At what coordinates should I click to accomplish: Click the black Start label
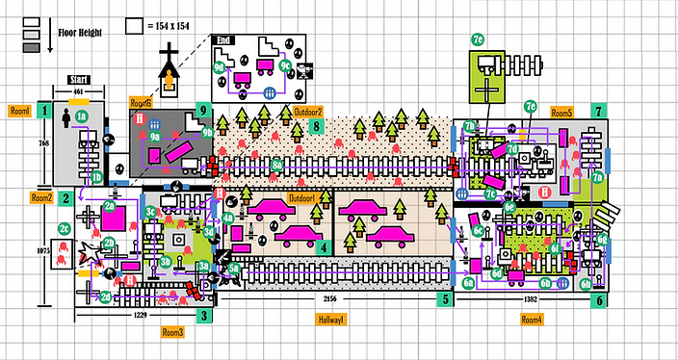coord(80,82)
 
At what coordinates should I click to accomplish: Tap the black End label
coord(224,40)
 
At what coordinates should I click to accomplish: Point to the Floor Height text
coord(80,31)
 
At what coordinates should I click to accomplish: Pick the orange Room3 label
coord(172,331)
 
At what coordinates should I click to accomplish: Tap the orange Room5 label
coord(561,113)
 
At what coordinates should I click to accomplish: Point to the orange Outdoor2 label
coord(308,113)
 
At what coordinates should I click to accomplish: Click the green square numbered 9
coord(202,110)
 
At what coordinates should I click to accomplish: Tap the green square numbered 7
coord(600,112)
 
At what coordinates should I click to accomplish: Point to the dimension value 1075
coord(41,250)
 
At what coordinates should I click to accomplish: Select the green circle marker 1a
coord(83,116)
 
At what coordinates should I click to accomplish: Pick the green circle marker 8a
coord(277,166)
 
